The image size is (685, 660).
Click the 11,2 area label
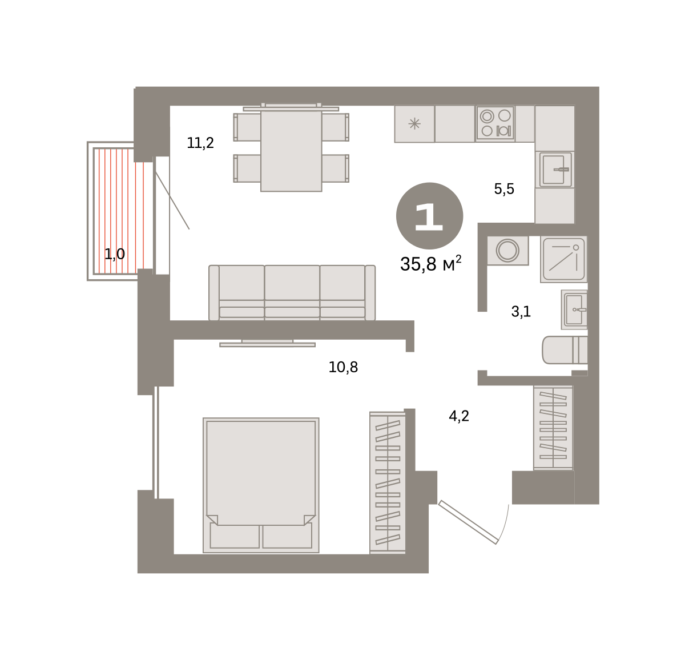point(200,143)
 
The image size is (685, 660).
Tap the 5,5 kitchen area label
point(504,189)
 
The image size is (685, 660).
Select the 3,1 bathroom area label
point(521,312)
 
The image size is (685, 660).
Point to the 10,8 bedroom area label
point(343,367)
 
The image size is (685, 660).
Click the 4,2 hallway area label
point(459,416)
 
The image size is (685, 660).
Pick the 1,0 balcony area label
point(115,254)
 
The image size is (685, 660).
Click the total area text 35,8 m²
point(430,264)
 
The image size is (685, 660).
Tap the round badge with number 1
point(429,216)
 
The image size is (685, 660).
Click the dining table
point(291,151)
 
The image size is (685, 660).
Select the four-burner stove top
point(495,123)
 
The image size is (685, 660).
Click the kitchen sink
point(555,170)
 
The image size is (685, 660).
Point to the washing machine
point(507,251)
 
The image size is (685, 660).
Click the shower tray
point(563,259)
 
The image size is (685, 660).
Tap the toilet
point(565,350)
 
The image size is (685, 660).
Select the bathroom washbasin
point(574,310)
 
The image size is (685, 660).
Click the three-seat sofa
point(292,293)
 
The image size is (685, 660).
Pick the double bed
point(261,485)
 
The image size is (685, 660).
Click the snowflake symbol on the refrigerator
point(414,124)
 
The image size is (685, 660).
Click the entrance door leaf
point(468,522)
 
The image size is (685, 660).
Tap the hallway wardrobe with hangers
point(553,428)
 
